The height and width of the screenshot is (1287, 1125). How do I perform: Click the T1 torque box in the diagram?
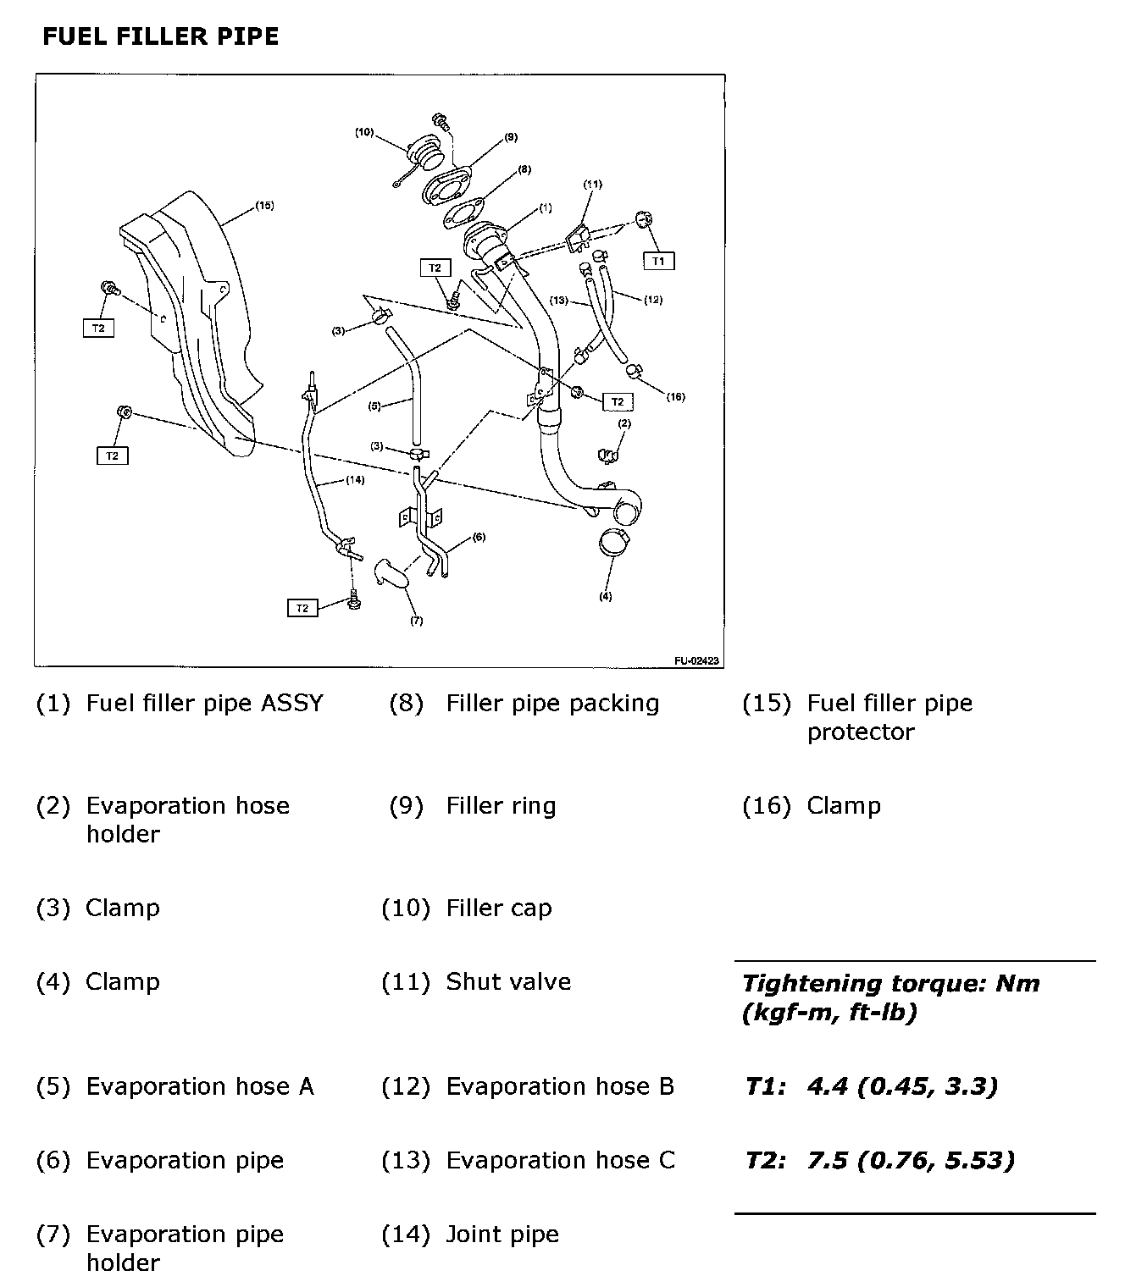tap(658, 261)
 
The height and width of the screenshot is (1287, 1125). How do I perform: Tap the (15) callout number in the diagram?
tap(264, 205)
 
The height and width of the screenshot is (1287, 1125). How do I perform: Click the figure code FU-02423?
tap(697, 661)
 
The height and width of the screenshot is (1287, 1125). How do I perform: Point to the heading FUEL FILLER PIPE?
tap(160, 36)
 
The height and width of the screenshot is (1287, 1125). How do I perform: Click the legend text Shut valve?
tap(508, 982)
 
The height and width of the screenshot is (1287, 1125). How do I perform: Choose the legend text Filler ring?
tap(501, 806)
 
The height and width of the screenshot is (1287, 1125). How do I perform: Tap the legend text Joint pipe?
tap(502, 1235)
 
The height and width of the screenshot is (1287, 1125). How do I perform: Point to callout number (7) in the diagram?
tap(416, 621)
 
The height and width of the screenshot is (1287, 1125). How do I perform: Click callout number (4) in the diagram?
tap(605, 596)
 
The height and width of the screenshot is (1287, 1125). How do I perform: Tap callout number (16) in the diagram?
tap(675, 396)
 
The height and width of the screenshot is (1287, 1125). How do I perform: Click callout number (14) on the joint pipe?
tap(355, 480)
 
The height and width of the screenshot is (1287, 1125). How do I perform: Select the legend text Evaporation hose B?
tap(560, 1086)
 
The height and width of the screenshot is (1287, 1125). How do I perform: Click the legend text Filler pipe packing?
tap(552, 704)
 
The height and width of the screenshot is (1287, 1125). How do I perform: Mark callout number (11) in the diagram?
tap(592, 184)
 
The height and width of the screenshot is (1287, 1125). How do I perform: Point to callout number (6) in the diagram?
tap(479, 537)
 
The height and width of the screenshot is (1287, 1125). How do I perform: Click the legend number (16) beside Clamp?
tap(766, 806)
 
